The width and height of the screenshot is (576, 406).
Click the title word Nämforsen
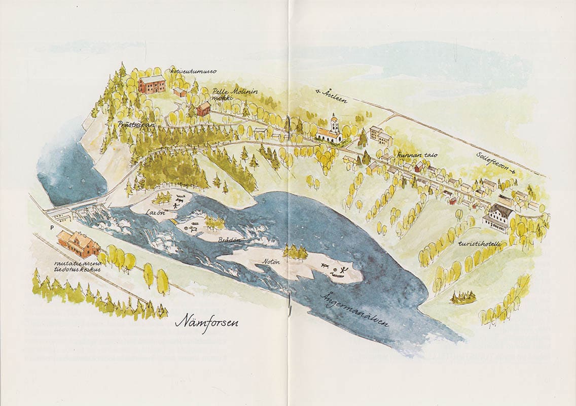pos(206,322)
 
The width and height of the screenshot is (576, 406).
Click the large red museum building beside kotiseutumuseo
pos(152,84)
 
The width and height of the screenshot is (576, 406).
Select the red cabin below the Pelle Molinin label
pos(203,108)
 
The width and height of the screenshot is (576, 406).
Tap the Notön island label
pos(272,262)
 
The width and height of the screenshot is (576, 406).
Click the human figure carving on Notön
pos(345,269)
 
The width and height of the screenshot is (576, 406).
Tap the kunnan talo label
pos(417,155)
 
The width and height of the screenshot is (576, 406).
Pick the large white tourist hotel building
pos(498,217)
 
